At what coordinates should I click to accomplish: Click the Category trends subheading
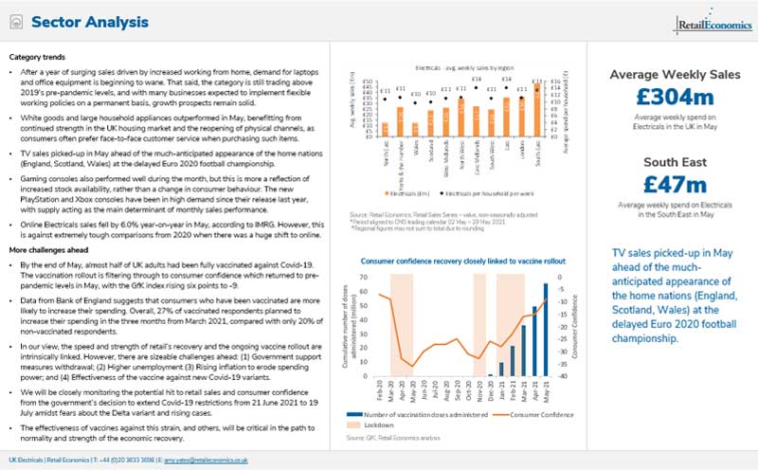click(38, 58)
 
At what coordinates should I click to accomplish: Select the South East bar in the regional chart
click(536, 111)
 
